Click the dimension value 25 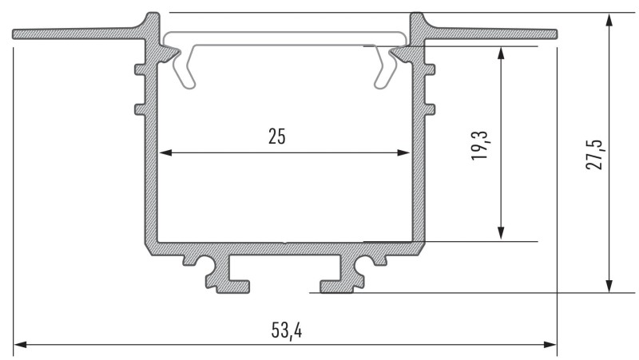276,136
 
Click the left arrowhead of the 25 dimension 164,152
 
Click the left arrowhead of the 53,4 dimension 22,346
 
